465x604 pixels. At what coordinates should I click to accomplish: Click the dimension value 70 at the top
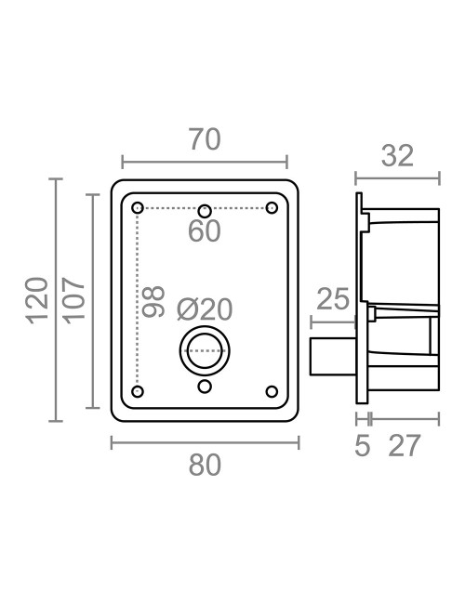(x=205, y=139)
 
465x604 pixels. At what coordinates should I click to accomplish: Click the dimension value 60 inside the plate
(x=205, y=231)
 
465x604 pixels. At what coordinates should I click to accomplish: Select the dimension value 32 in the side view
(x=397, y=155)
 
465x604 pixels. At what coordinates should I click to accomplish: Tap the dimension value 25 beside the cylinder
(x=332, y=299)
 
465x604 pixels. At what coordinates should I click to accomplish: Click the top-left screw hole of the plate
(x=138, y=206)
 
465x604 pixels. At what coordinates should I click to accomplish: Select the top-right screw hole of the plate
(x=272, y=206)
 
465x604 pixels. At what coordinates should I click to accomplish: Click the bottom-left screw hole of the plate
(x=138, y=391)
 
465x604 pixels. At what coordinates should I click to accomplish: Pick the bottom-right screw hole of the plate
(x=272, y=391)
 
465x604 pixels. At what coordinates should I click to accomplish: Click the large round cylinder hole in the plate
(x=205, y=351)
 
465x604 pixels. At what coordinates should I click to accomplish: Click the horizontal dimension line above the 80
(x=205, y=442)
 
